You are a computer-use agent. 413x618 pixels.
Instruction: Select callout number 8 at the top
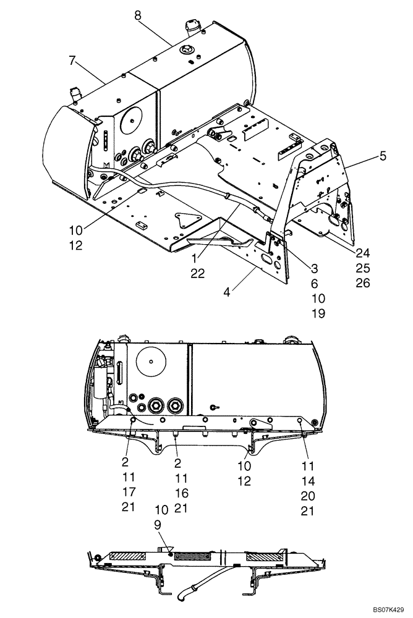pyautogui.click(x=138, y=16)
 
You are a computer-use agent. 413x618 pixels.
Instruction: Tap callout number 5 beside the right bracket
pyautogui.click(x=383, y=156)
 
